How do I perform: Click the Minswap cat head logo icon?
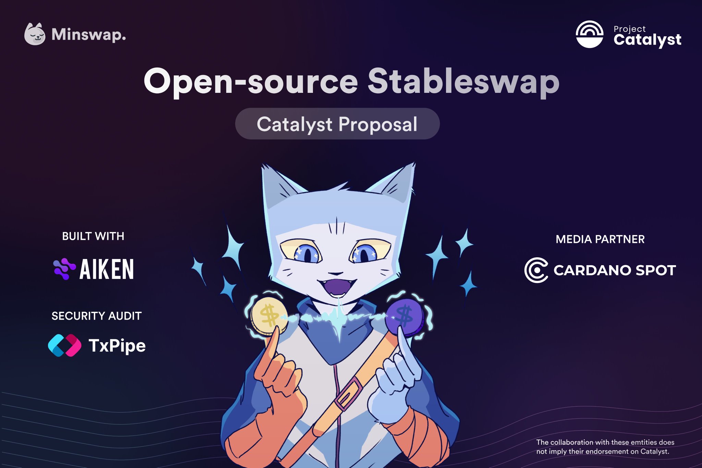35,34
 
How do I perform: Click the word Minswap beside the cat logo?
88,35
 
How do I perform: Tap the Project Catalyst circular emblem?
589,34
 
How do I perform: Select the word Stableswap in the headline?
463,82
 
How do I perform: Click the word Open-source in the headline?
251,82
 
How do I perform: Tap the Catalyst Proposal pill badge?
337,124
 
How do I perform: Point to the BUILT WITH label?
93,236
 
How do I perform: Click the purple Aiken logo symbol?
64,269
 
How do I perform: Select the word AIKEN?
107,269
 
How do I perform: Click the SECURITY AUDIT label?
96,316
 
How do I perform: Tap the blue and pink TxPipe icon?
64,345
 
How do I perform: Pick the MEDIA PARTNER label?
600,239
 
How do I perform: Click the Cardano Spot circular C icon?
536,270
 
